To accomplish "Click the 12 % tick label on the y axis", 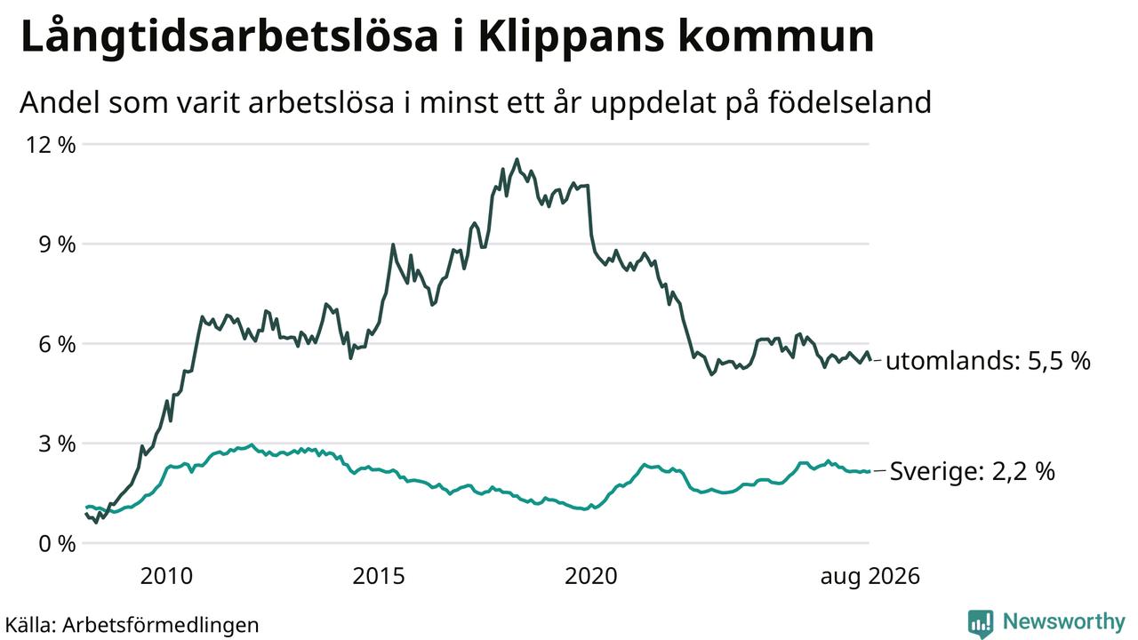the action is click(51, 145).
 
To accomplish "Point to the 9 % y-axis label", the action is click(58, 244).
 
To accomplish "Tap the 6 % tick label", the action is click(58, 344).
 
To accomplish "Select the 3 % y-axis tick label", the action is click(58, 444).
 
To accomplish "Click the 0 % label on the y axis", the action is click(58, 544).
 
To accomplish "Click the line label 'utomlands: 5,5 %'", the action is click(988, 361).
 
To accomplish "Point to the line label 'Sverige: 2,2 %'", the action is click(973, 471).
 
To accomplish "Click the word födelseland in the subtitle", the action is click(850, 102).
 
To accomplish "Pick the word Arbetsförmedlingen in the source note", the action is click(161, 625).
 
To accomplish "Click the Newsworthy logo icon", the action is click(981, 623).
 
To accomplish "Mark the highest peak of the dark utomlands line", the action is click(517, 159).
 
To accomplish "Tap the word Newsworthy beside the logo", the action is click(1064, 622).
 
